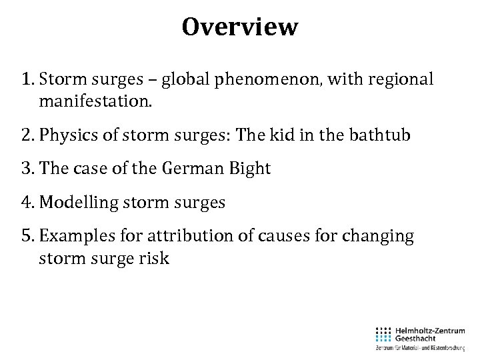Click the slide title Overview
(x=240, y=27)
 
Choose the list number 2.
(x=27, y=135)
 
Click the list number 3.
(x=27, y=169)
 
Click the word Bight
(x=250, y=169)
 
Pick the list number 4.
(x=27, y=202)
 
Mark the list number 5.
(x=27, y=236)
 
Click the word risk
(x=155, y=258)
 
